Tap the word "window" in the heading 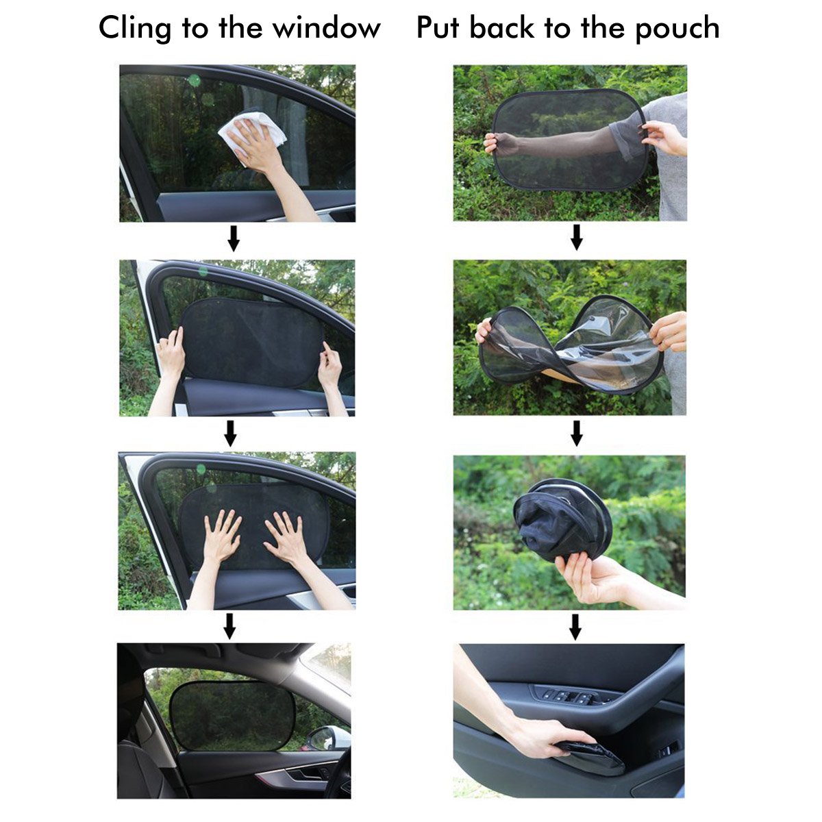[327, 29]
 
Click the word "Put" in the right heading [439, 29]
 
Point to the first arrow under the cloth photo [234, 238]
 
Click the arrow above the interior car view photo [230, 625]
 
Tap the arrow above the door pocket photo [575, 626]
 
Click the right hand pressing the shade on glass [288, 538]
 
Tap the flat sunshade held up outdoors [569, 140]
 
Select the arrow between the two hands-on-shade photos [231, 433]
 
